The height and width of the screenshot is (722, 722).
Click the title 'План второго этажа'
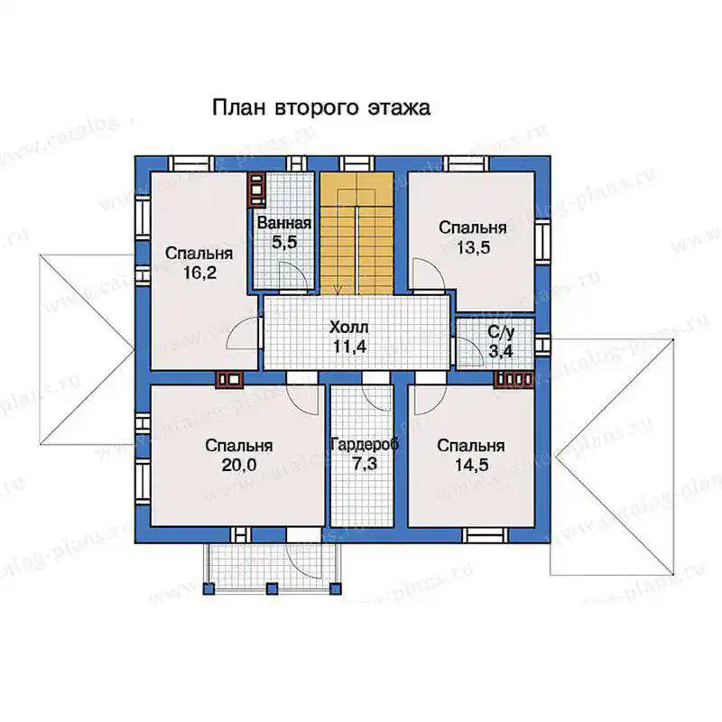[321, 108]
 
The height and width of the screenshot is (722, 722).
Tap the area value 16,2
[199, 273]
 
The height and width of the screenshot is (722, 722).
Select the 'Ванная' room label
[284, 223]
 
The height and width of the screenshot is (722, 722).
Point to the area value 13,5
[473, 247]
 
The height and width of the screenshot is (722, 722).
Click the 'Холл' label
[349, 328]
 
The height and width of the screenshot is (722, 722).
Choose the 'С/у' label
[501, 331]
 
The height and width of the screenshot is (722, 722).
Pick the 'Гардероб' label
[365, 444]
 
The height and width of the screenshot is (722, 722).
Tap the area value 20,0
[239, 465]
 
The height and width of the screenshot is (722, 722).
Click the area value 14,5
[471, 465]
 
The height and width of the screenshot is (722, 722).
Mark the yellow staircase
[356, 233]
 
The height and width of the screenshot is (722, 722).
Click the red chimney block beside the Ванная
[257, 189]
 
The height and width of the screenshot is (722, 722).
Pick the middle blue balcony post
[273, 588]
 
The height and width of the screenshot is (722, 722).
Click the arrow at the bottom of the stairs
[339, 289]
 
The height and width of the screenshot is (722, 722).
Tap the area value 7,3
[365, 464]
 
